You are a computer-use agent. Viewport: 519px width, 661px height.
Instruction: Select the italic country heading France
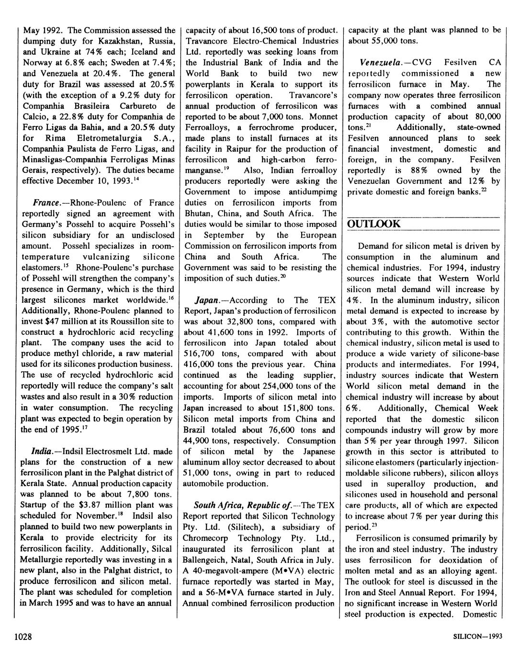coord(45,203)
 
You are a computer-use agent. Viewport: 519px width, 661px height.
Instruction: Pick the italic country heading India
coord(42,451)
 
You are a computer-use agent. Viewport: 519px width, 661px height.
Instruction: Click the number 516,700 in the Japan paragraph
coord(200,354)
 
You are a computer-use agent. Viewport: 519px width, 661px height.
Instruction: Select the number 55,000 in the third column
coord(381,41)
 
